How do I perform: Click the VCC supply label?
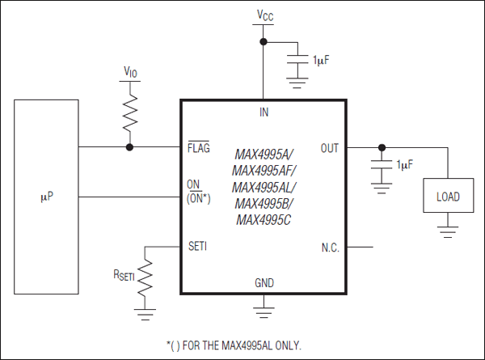point(264,15)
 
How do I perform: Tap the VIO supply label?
point(129,72)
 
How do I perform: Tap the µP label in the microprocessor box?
point(46,197)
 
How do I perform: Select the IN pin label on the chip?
point(264,112)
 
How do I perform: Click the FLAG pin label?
point(198,148)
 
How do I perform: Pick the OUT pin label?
point(330,148)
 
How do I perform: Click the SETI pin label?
point(196,246)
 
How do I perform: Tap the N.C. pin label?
point(330,246)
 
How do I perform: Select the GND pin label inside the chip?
point(264,284)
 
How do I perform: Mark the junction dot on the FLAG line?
point(129,147)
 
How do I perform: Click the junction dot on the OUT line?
point(382,147)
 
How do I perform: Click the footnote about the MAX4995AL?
point(234,345)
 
